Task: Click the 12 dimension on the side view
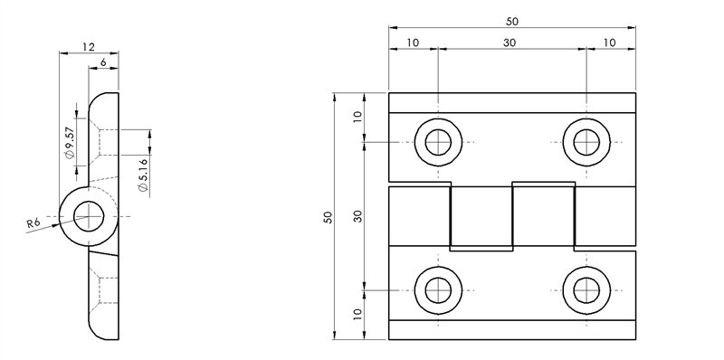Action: pyautogui.click(x=88, y=46)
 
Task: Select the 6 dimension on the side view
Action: pyautogui.click(x=105, y=62)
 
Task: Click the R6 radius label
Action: pyautogui.click(x=33, y=223)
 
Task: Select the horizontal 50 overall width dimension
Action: pyautogui.click(x=513, y=21)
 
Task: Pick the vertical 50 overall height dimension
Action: pyautogui.click(x=329, y=217)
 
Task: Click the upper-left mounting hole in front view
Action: pyautogui.click(x=439, y=142)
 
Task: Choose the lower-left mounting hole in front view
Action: pyautogui.click(x=439, y=290)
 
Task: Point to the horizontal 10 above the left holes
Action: pyautogui.click(x=414, y=43)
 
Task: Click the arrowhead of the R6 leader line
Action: pyautogui.click(x=61, y=222)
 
